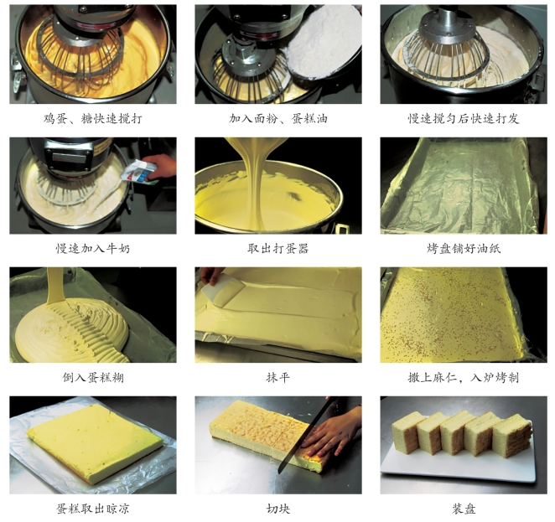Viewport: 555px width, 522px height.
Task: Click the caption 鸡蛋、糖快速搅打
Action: point(93,118)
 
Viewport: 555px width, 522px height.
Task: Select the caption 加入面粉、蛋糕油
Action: point(278,118)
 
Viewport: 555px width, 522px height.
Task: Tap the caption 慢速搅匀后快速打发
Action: point(464,118)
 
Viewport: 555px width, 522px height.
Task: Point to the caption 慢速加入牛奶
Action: point(93,248)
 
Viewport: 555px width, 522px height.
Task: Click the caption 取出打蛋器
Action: point(278,248)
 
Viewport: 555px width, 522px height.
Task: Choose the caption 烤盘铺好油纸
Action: point(464,248)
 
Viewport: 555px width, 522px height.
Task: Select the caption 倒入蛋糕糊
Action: point(93,378)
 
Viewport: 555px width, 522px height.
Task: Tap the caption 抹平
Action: point(278,378)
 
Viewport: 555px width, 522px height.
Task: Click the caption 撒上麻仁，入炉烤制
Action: point(464,378)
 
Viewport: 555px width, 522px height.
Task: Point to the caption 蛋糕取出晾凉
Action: point(93,509)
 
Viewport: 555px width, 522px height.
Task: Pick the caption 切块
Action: point(278,509)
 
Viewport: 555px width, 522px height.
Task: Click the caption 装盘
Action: point(464,509)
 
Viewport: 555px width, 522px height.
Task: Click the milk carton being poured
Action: point(140,172)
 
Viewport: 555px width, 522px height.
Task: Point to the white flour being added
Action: point(322,43)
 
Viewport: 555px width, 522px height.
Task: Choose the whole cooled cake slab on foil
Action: point(95,443)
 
